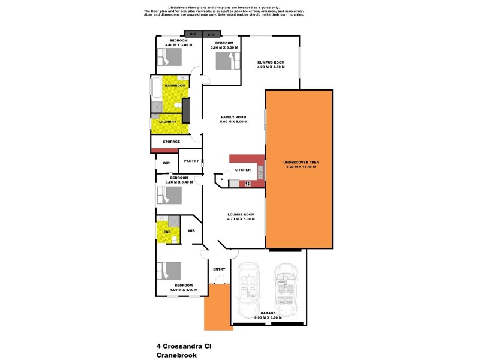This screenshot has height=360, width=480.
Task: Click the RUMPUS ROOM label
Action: (x=271, y=62)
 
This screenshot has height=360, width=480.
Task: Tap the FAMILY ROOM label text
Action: (x=234, y=117)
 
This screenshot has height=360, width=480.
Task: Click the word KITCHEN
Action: (x=242, y=170)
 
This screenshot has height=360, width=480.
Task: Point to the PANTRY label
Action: (x=191, y=161)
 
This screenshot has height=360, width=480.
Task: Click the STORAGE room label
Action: (x=171, y=142)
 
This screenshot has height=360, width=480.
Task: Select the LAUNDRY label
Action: (x=167, y=122)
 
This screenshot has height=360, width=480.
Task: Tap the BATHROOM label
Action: (x=175, y=86)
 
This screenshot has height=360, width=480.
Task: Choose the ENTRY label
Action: (x=219, y=269)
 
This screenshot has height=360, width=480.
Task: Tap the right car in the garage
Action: (x=287, y=289)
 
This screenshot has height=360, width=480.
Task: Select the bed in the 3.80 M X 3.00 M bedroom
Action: (x=223, y=60)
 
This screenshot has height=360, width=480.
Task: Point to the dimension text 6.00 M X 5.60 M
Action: (x=268, y=318)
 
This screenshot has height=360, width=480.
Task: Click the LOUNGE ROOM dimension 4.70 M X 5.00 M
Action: (x=241, y=219)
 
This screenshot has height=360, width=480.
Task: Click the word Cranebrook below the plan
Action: (x=176, y=355)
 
